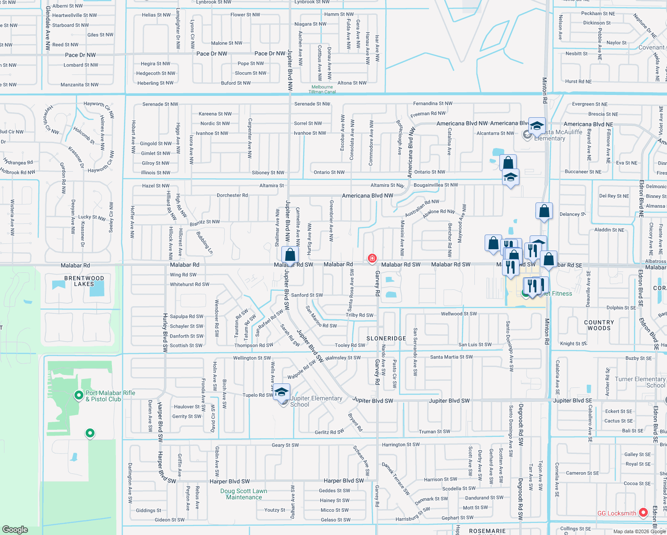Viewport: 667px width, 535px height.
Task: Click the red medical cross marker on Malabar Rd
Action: (x=372, y=258)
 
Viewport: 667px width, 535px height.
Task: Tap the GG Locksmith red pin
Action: (x=643, y=513)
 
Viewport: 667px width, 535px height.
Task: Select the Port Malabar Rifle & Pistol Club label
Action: (x=110, y=396)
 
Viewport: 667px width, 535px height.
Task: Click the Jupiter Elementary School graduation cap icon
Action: (x=281, y=392)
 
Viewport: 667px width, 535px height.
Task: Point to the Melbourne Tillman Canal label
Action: (x=322, y=89)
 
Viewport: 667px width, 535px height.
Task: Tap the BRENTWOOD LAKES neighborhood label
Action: (x=84, y=281)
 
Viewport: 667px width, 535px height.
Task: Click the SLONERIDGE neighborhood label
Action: (x=386, y=338)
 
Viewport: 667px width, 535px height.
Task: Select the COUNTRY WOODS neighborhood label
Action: (x=599, y=325)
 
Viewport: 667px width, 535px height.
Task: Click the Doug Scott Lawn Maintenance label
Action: (x=244, y=494)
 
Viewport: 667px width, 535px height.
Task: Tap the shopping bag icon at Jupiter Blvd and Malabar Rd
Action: (x=290, y=255)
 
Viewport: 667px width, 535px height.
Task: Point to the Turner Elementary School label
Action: (x=640, y=382)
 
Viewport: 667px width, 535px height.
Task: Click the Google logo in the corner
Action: (x=15, y=529)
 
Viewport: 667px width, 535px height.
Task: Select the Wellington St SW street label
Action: (x=252, y=358)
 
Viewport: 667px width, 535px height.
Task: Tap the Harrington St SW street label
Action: (x=401, y=444)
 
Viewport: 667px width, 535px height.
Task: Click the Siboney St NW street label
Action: (x=268, y=173)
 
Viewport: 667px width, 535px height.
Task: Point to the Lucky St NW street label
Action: (x=92, y=218)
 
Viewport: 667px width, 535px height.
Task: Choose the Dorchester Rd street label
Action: (x=232, y=195)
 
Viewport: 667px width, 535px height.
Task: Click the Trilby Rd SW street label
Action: (x=359, y=315)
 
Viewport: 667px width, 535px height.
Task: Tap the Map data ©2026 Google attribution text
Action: (x=639, y=531)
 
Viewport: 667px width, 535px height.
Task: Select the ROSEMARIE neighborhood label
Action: (x=487, y=531)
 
